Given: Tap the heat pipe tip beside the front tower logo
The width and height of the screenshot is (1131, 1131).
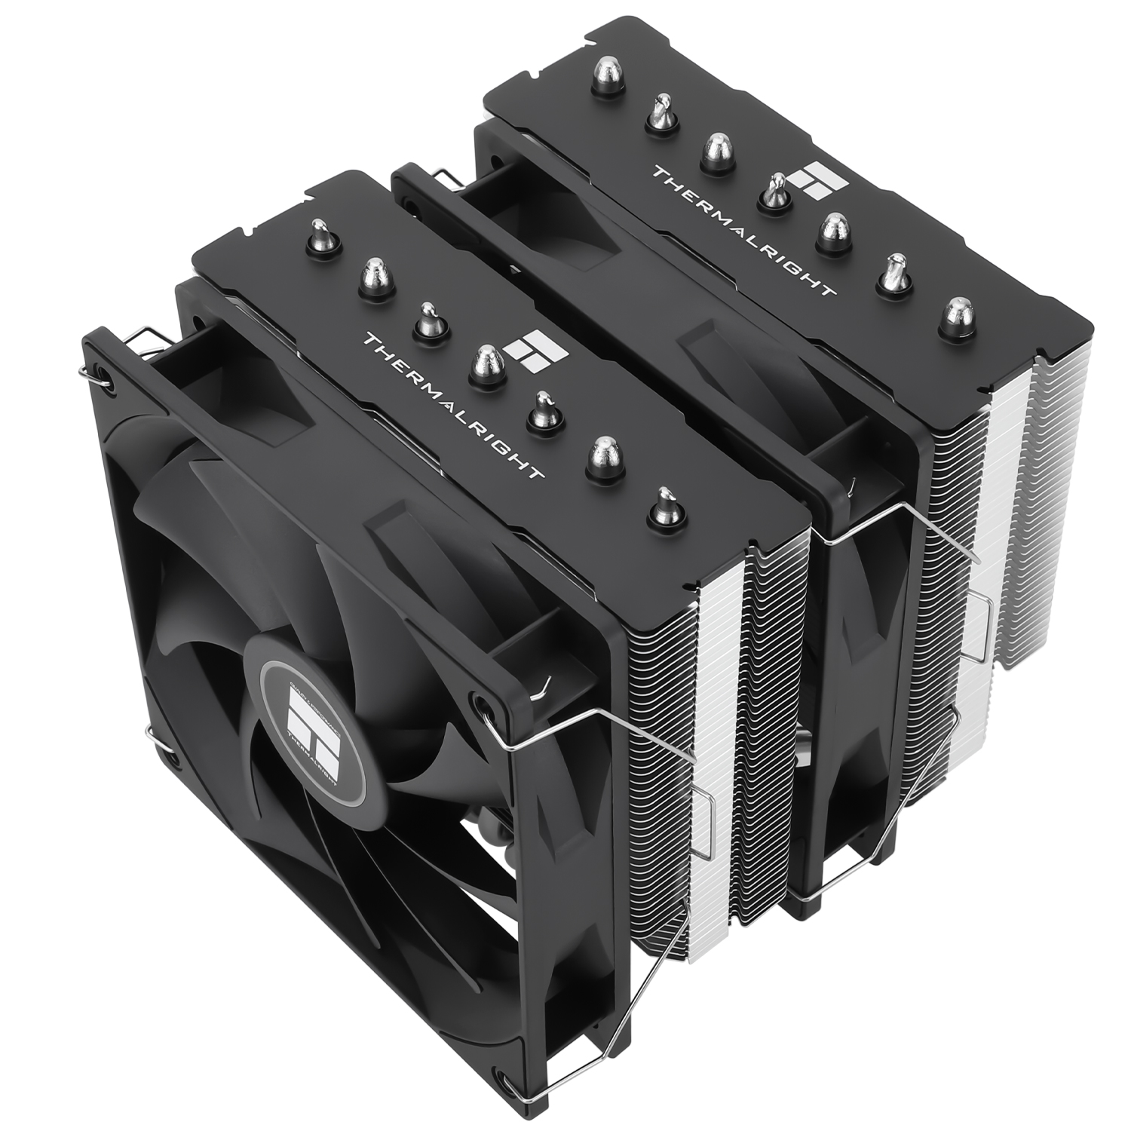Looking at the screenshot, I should tap(489, 361).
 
